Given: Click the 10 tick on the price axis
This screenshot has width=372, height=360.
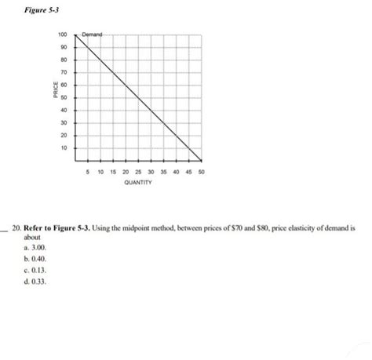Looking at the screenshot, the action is tap(64, 147).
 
